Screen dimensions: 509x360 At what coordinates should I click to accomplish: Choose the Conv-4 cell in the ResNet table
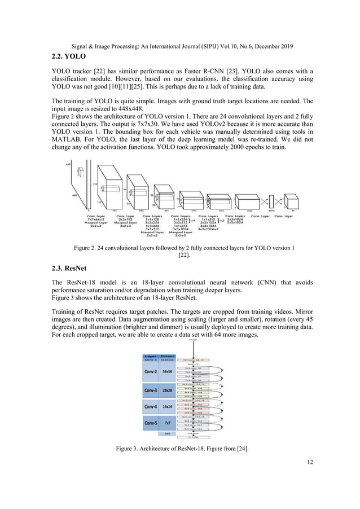(x=150, y=406)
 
